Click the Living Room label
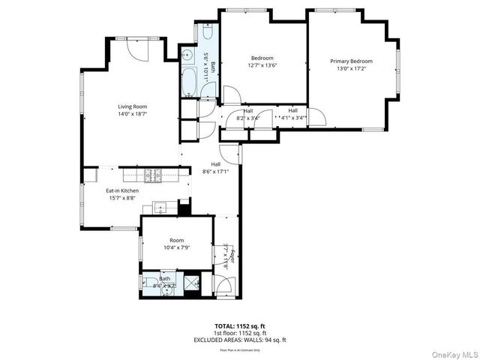pos(131,106)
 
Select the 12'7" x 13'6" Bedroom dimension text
pos(262,64)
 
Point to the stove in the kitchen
pos(154,175)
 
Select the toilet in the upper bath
pos(208,34)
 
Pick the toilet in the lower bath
pos(147,283)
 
